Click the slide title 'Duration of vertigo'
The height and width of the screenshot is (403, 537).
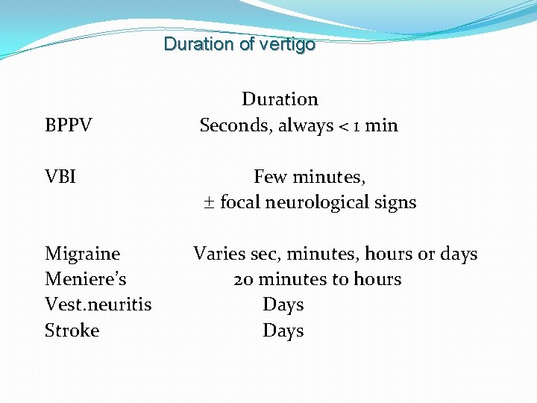click(x=239, y=44)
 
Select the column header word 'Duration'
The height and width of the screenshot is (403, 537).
click(x=280, y=99)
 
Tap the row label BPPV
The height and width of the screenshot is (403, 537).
click(x=69, y=125)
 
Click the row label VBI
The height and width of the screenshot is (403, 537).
click(x=61, y=177)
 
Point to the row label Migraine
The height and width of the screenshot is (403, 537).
click(x=82, y=254)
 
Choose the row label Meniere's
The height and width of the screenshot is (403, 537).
click(x=86, y=279)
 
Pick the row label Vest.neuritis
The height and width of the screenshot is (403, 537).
click(x=98, y=304)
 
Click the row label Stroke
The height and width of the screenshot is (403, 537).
click(x=72, y=330)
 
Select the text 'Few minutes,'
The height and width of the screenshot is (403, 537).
click(x=310, y=177)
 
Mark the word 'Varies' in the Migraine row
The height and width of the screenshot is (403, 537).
click(x=218, y=254)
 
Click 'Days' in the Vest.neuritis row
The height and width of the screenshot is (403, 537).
click(x=283, y=304)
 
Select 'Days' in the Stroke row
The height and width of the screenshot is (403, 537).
click(x=283, y=330)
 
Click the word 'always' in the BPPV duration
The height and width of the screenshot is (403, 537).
click(x=306, y=125)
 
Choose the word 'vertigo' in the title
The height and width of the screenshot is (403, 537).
click(x=287, y=44)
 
